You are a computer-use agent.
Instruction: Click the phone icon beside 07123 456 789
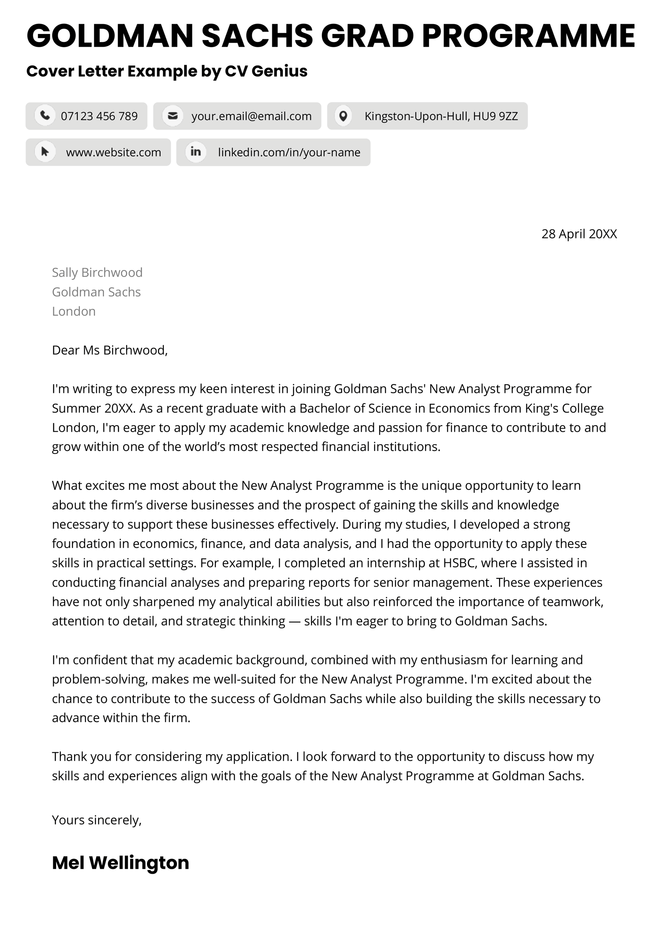pyautogui.click(x=45, y=116)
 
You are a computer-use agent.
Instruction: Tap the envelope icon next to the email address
pyautogui.click(x=173, y=116)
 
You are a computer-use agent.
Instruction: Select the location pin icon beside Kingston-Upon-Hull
pyautogui.click(x=343, y=116)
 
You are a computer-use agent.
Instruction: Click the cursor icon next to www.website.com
pyautogui.click(x=45, y=152)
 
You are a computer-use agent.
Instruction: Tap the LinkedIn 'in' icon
pyautogui.click(x=196, y=152)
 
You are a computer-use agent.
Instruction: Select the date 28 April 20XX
pyautogui.click(x=579, y=234)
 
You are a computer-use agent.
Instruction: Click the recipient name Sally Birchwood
pyautogui.click(x=97, y=272)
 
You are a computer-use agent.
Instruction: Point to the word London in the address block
pyautogui.click(x=74, y=311)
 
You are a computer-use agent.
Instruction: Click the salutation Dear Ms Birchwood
pyautogui.click(x=110, y=350)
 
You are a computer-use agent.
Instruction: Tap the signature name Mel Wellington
pyautogui.click(x=120, y=862)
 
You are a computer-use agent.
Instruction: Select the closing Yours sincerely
pyautogui.click(x=97, y=820)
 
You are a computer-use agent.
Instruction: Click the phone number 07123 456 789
pyautogui.click(x=99, y=116)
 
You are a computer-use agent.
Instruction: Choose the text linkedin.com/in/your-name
pyautogui.click(x=289, y=152)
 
